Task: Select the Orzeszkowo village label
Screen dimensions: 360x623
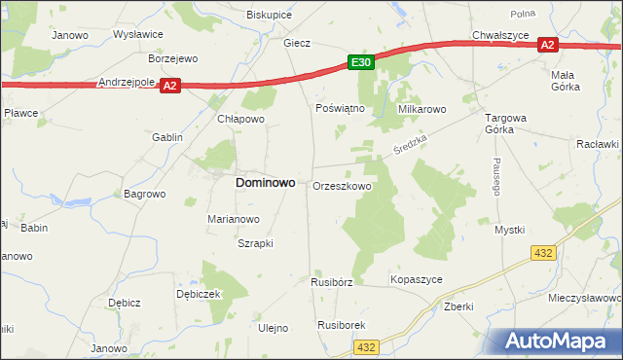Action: [x=342, y=186]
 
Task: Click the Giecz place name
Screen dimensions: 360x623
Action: [x=296, y=43]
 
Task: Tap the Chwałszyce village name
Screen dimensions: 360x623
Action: [x=498, y=35]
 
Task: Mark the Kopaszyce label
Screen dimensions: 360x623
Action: [x=417, y=279]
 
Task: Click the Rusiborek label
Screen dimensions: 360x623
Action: [x=341, y=325]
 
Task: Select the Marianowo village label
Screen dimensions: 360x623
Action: [x=234, y=219]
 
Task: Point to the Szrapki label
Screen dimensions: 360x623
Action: [x=256, y=243]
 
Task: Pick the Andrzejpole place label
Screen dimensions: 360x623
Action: [x=128, y=84]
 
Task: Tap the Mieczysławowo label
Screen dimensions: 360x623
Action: [x=585, y=298]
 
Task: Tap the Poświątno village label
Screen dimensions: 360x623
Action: [x=341, y=108]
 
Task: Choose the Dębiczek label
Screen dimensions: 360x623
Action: [x=200, y=294]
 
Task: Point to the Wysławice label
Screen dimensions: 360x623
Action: [x=138, y=34]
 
